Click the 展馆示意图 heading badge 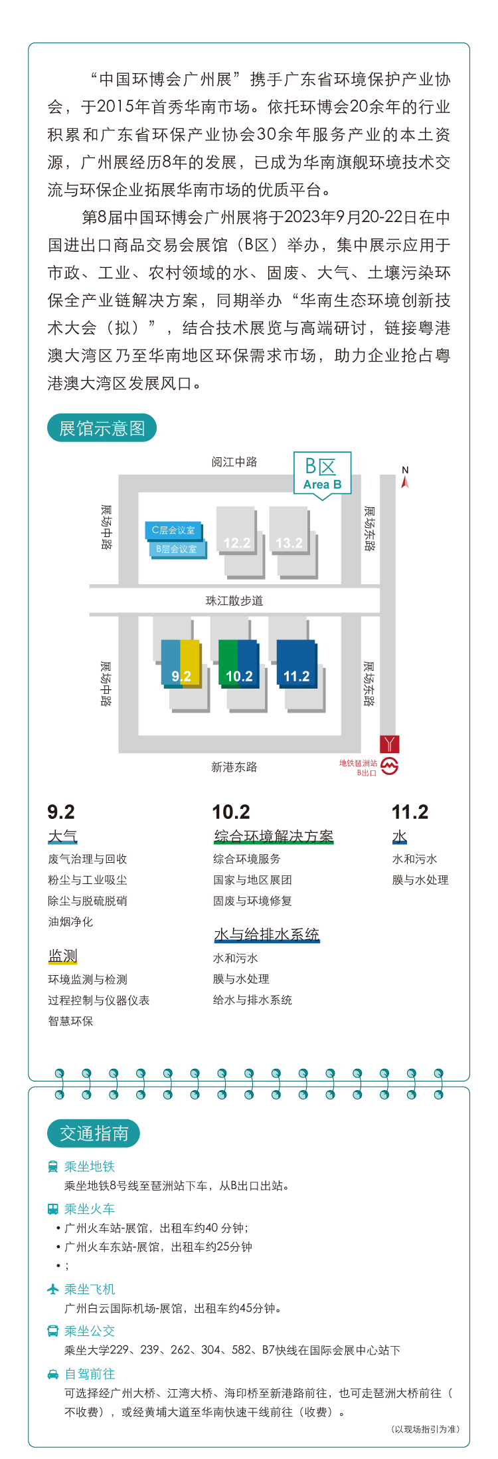pos(102,428)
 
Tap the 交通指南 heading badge pos(94,1133)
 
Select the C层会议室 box pos(173,530)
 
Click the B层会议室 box pos(177,549)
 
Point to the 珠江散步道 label pos(234,601)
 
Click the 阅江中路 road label pos(234,462)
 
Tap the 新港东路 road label pos(234,767)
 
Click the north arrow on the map pos(405,477)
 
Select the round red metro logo pos(390,766)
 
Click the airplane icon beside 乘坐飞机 pos(53,1289)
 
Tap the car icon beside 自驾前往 pos(53,1374)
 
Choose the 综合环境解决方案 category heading pos(274,836)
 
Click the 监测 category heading pos(63,956)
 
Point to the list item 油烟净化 pos(70,922)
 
